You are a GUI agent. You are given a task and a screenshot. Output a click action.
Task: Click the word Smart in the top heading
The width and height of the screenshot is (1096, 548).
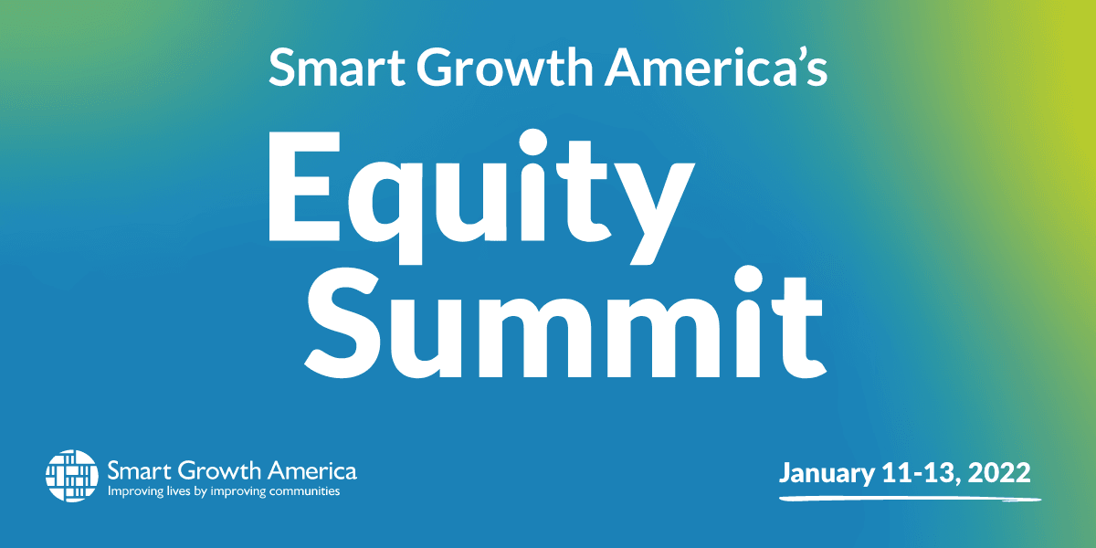[337, 67]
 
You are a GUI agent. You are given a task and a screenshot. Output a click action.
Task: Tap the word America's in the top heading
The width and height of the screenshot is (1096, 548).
[716, 67]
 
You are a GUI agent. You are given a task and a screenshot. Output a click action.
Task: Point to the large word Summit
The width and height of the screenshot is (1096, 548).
[565, 322]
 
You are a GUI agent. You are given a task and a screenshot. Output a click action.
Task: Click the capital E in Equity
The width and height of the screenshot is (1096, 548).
[304, 186]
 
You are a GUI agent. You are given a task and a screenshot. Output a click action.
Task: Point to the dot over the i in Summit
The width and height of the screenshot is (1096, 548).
[749, 279]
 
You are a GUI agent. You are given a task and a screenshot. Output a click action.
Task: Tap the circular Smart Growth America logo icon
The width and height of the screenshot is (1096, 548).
[72, 476]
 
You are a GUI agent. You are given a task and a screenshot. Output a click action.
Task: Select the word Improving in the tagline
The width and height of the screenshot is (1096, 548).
[135, 491]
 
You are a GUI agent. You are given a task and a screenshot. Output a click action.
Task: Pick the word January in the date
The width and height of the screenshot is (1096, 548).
[827, 474]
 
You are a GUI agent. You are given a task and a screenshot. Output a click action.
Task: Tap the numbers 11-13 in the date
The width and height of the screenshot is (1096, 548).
[920, 473]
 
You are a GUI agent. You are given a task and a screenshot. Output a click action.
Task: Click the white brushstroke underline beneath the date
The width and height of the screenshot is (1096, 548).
[910, 499]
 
